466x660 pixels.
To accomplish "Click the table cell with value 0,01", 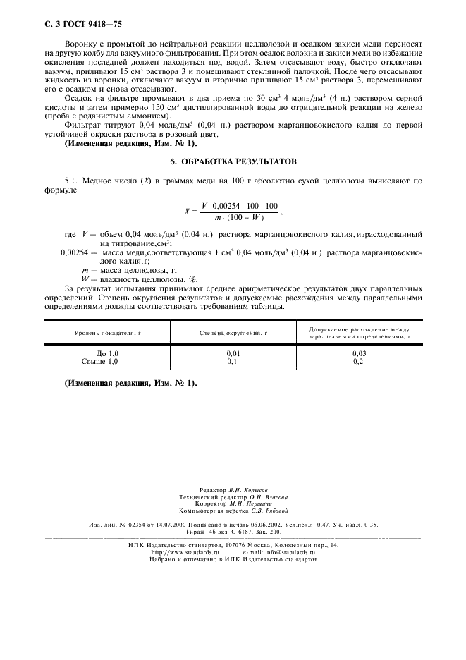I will click(233, 352).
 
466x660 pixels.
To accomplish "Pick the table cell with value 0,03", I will click(358, 352).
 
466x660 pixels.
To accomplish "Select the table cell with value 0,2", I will click(358, 360).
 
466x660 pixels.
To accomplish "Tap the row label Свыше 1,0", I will click(100, 360).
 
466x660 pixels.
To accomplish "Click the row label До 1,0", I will click(107, 352).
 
